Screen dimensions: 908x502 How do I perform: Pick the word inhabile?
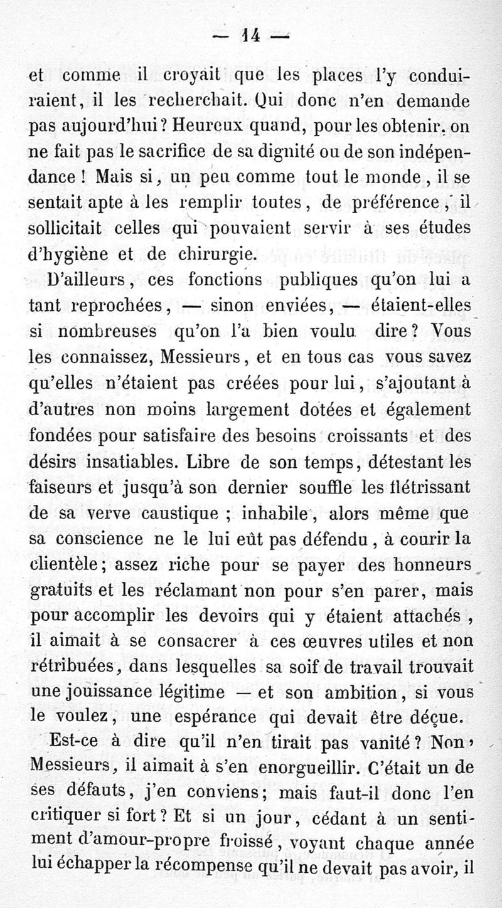274,514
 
